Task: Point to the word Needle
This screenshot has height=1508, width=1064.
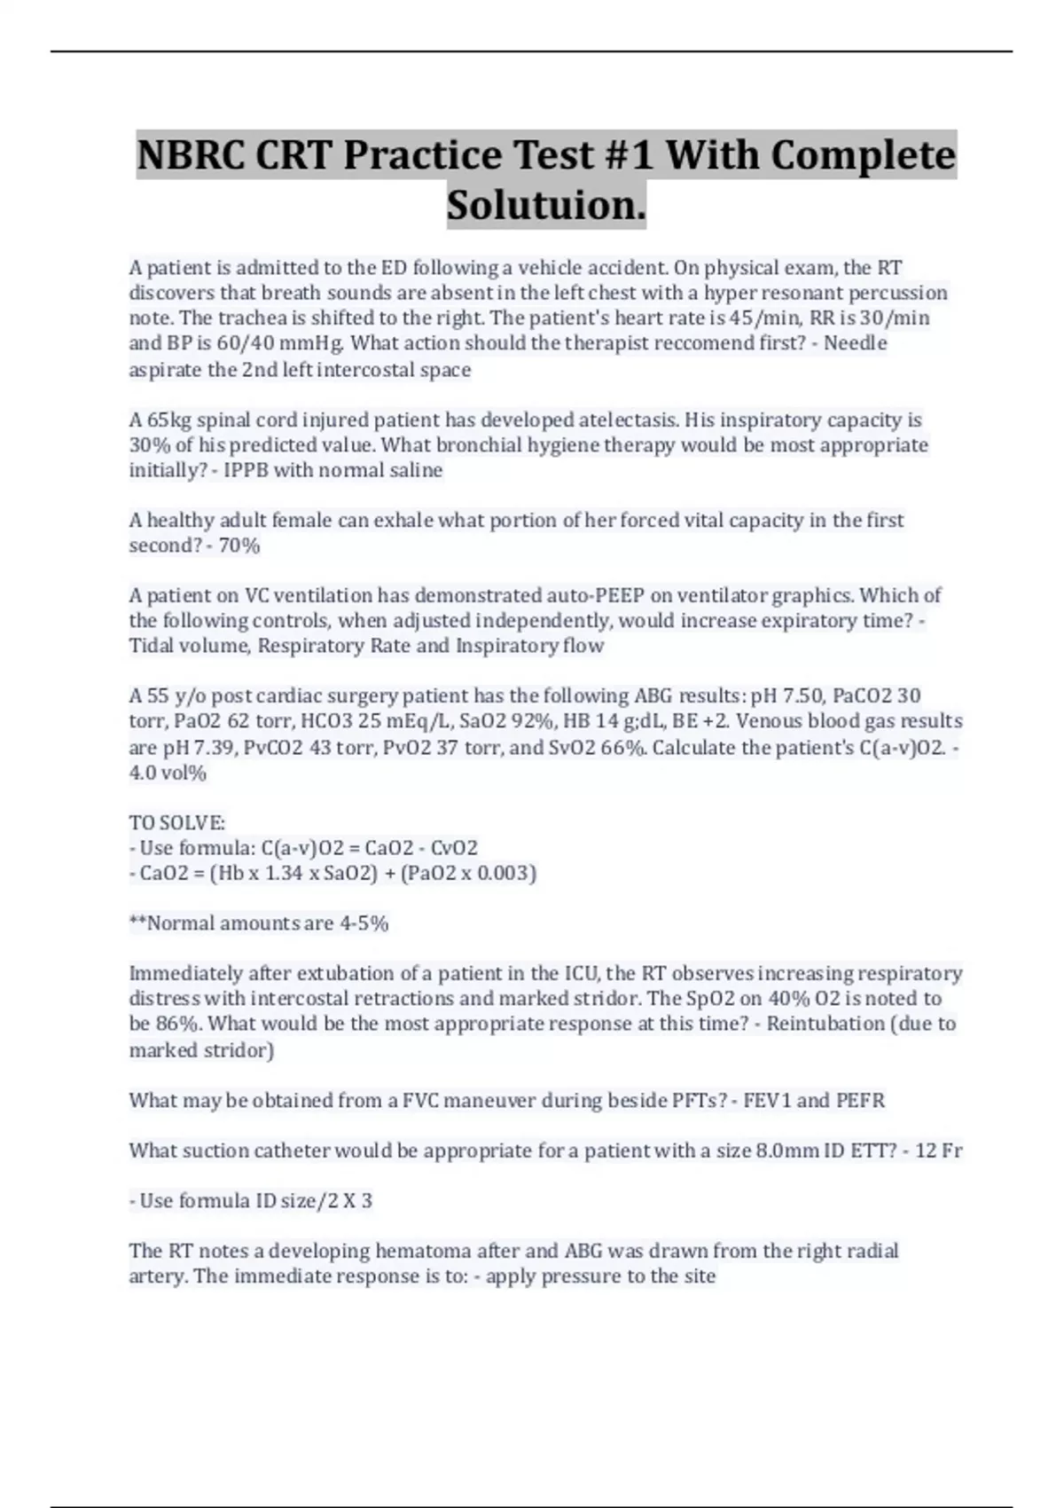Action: [x=856, y=343]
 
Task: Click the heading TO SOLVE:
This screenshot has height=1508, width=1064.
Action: [x=177, y=822]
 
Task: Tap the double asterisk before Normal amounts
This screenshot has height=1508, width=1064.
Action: [x=137, y=923]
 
